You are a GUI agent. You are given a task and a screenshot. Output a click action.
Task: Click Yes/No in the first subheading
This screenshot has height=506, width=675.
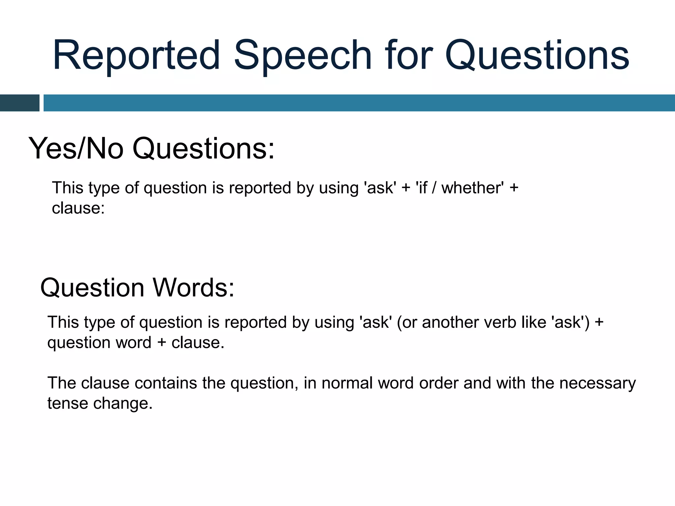point(76,148)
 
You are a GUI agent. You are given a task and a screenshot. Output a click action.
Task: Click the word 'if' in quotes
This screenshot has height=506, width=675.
point(423,188)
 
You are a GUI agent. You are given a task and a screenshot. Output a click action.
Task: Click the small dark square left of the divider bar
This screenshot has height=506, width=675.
point(19,103)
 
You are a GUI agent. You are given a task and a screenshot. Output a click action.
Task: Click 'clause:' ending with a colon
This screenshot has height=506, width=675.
point(78,208)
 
